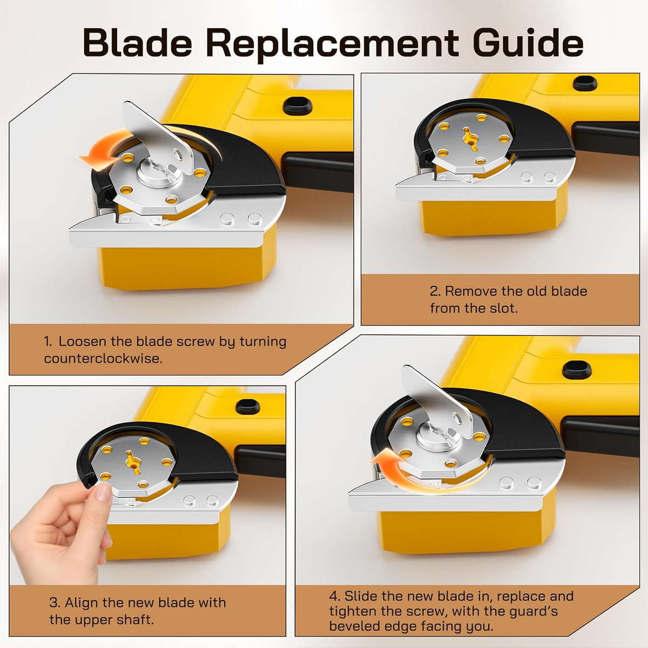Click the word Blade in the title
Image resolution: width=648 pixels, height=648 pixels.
(137, 44)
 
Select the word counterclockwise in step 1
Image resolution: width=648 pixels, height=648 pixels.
(103, 359)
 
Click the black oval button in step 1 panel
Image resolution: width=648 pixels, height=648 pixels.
(298, 106)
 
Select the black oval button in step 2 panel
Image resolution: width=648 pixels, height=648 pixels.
(584, 83)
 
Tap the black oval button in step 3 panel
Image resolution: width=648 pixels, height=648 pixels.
(248, 407)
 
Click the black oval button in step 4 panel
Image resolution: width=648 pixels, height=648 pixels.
(577, 369)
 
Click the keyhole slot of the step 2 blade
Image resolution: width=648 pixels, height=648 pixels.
(470, 138)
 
